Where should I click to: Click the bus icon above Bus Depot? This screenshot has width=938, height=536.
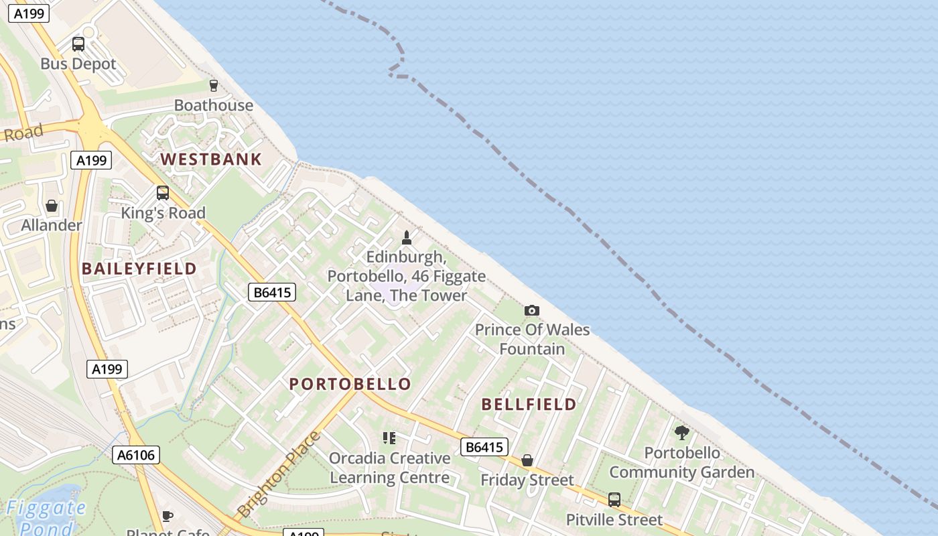pyautogui.click(x=78, y=44)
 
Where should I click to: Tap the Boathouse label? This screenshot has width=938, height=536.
pyautogui.click(x=214, y=105)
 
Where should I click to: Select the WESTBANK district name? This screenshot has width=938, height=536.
pyautogui.click(x=211, y=159)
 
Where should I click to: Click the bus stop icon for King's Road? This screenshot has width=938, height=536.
pyautogui.click(x=162, y=193)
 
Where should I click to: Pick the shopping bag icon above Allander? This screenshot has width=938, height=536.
pyautogui.click(x=51, y=206)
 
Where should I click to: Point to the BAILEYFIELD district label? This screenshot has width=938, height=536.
pyautogui.click(x=139, y=269)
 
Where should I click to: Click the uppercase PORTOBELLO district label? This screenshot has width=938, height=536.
pyautogui.click(x=350, y=384)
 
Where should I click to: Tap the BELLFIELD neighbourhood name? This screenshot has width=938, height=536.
pyautogui.click(x=529, y=404)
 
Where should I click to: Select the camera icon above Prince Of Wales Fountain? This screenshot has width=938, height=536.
pyautogui.click(x=532, y=310)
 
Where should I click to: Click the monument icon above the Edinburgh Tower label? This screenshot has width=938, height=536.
pyautogui.click(x=406, y=237)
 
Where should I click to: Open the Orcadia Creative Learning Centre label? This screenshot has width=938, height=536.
pyautogui.click(x=389, y=468)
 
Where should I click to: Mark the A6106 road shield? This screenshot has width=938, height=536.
pyautogui.click(x=136, y=455)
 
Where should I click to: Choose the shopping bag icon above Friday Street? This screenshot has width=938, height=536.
pyautogui.click(x=527, y=460)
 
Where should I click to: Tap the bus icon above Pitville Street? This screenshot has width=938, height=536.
pyautogui.click(x=614, y=499)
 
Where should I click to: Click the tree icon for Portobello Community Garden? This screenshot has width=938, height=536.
pyautogui.click(x=682, y=433)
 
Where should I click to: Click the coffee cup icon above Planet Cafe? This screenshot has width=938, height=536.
pyautogui.click(x=167, y=516)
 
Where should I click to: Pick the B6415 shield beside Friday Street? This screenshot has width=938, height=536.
pyautogui.click(x=484, y=447)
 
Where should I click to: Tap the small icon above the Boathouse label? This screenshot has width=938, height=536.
pyautogui.click(x=214, y=85)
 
